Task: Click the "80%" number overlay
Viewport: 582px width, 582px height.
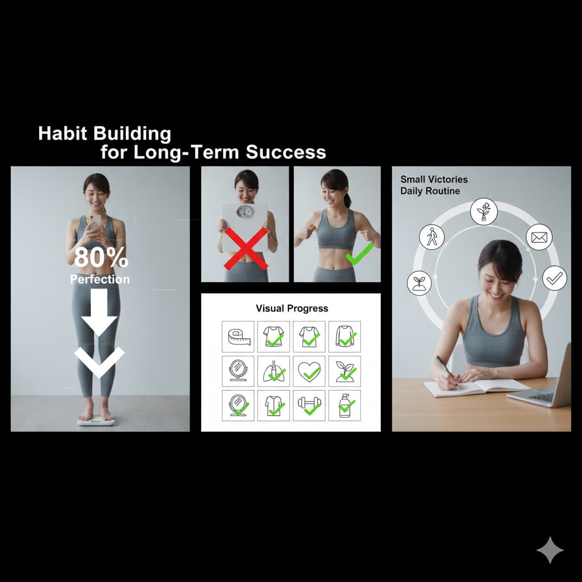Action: click(101, 257)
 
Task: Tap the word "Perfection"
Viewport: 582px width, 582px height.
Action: click(100, 279)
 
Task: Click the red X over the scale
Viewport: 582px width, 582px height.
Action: click(246, 248)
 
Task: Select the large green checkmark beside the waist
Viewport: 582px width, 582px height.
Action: click(359, 254)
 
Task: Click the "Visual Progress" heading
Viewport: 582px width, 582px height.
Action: click(292, 309)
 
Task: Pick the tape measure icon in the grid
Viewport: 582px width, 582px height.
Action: click(238, 336)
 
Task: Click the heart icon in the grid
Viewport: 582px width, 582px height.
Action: click(309, 372)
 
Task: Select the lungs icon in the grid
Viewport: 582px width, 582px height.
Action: click(273, 372)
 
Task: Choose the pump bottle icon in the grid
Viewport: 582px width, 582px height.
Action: click(344, 406)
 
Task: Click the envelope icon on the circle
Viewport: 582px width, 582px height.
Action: click(539, 237)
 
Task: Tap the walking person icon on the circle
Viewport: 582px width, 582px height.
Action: click(432, 237)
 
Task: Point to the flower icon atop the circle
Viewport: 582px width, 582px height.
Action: click(484, 211)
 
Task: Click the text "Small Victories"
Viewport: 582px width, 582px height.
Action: click(434, 179)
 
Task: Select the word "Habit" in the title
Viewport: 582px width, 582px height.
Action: click(63, 133)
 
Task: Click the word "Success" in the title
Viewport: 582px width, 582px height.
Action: click(286, 152)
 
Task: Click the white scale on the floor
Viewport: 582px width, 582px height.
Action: click(96, 421)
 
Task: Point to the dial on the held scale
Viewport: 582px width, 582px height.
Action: click(244, 211)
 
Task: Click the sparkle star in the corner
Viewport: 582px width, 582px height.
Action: click(550, 550)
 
